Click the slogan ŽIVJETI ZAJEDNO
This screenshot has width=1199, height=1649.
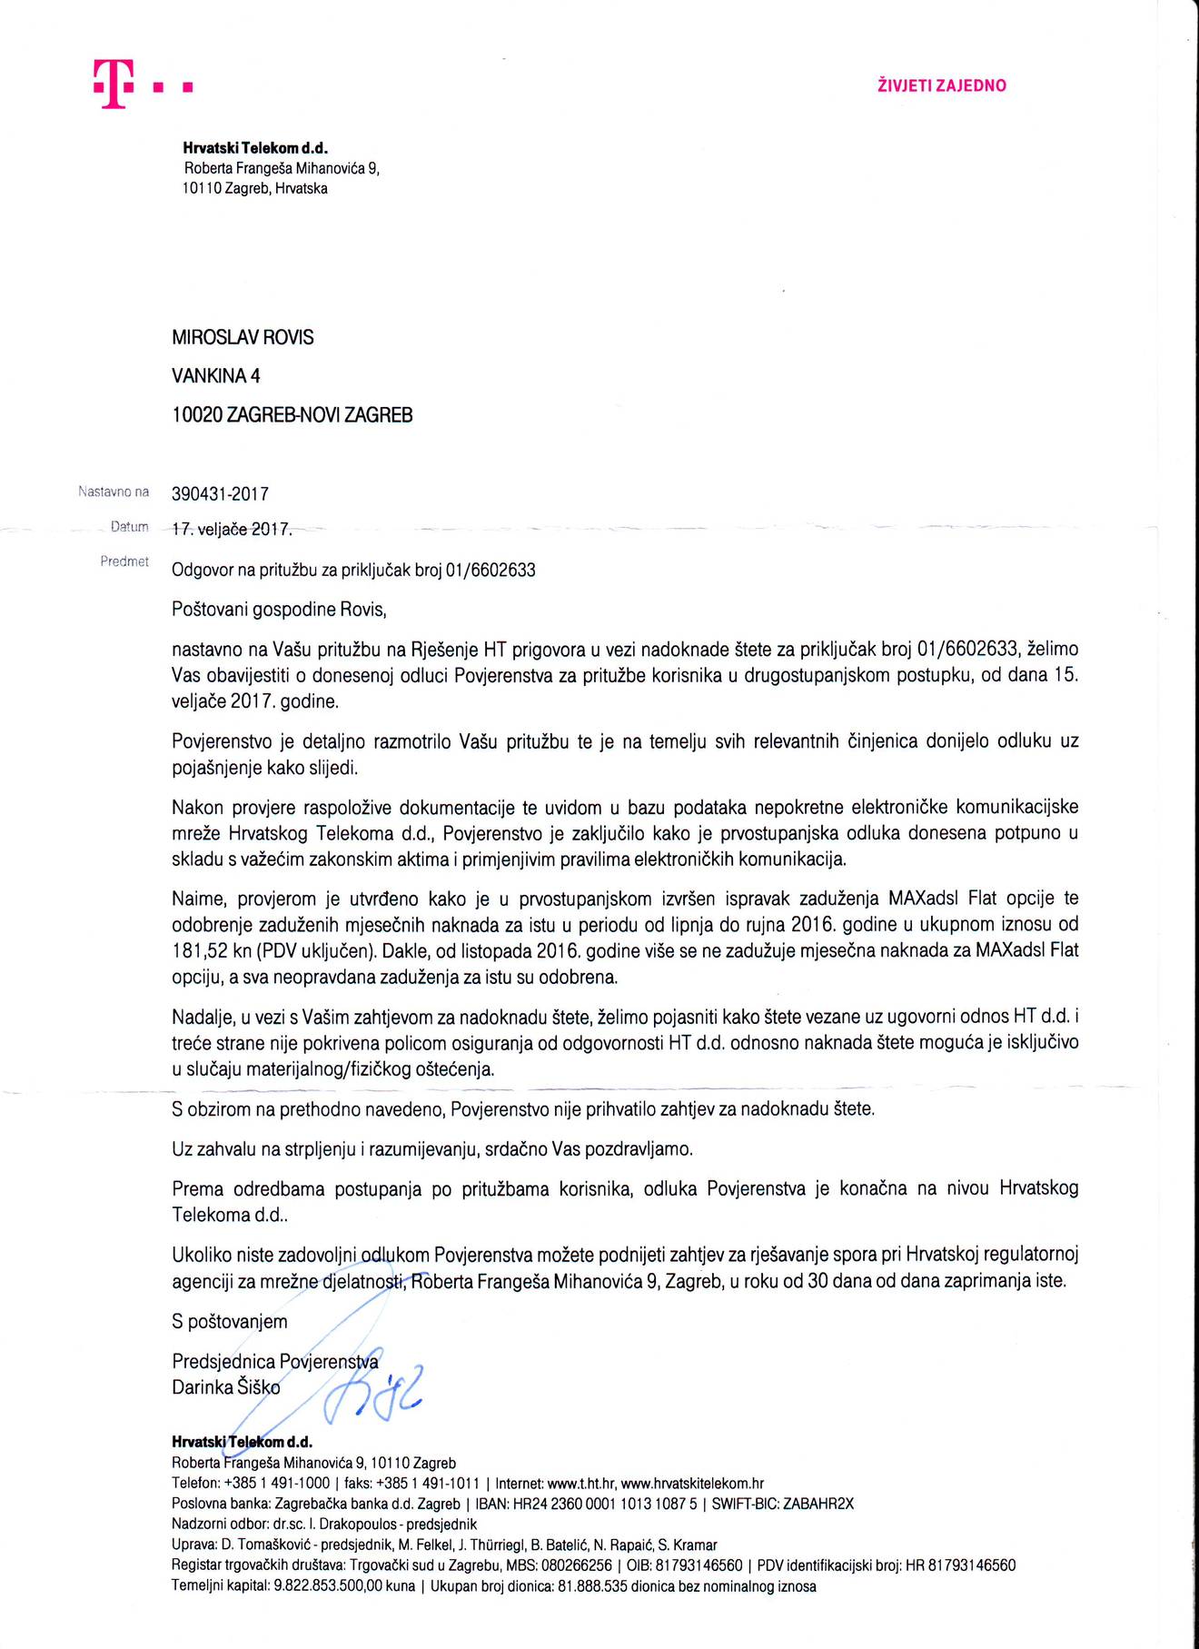[x=941, y=86]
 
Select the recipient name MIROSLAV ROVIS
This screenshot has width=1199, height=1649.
[x=243, y=338]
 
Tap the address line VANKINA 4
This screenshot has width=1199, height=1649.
[x=215, y=376]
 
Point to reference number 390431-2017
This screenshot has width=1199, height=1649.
[x=220, y=494]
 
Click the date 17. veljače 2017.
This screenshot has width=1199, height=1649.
[x=231, y=529]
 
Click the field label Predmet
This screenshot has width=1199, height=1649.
[x=124, y=561]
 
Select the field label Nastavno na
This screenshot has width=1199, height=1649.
[x=114, y=492]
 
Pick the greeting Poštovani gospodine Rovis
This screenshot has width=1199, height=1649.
[x=279, y=610]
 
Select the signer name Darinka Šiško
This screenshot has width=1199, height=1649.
[x=226, y=1387]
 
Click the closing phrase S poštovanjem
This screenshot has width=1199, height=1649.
[x=229, y=1322]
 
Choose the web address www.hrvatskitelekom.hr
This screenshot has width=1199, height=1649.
[x=692, y=1484]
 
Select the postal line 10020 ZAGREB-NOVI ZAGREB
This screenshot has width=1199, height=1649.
[x=292, y=415]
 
